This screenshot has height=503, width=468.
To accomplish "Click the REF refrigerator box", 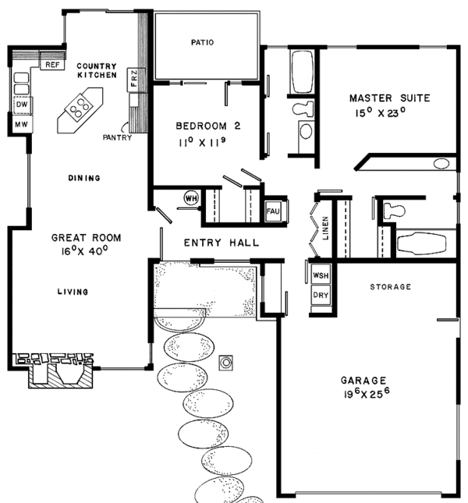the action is pyautogui.click(x=52, y=65).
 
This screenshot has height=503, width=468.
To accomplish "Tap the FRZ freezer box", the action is pyautogui.click(x=134, y=80).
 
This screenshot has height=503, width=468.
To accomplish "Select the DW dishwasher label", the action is pyautogui.click(x=22, y=104).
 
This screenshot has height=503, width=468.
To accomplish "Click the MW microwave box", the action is pyautogui.click(x=22, y=124).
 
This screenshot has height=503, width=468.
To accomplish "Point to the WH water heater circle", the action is pyautogui.click(x=191, y=198).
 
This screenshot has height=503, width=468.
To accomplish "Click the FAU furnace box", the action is pyautogui.click(x=273, y=211).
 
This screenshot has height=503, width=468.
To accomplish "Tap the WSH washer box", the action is pyautogui.click(x=321, y=275).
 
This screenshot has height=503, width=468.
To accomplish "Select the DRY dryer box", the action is pyautogui.click(x=321, y=295).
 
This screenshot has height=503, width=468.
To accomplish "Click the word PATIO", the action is pyautogui.click(x=202, y=42).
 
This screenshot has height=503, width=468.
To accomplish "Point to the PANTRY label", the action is pyautogui.click(x=117, y=137).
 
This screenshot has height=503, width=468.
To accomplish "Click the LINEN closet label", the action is pyautogui.click(x=325, y=228).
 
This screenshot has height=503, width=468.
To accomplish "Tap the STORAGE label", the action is pyautogui.click(x=390, y=287).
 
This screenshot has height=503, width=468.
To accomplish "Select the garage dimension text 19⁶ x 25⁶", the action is pyautogui.click(x=367, y=394).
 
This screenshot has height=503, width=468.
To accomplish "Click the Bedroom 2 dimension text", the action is pyautogui.click(x=202, y=142).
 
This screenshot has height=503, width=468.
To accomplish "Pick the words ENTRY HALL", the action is pyautogui.click(x=222, y=243).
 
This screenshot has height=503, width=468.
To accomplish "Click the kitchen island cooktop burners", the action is pyautogui.click(x=80, y=107).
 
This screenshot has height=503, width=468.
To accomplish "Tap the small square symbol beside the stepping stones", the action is pyautogui.click(x=226, y=363).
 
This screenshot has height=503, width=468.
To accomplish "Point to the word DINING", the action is pyautogui.click(x=84, y=178).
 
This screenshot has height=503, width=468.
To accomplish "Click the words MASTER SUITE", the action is pyautogui.click(x=390, y=97).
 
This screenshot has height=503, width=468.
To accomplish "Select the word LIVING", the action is pyautogui.click(x=73, y=292).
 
